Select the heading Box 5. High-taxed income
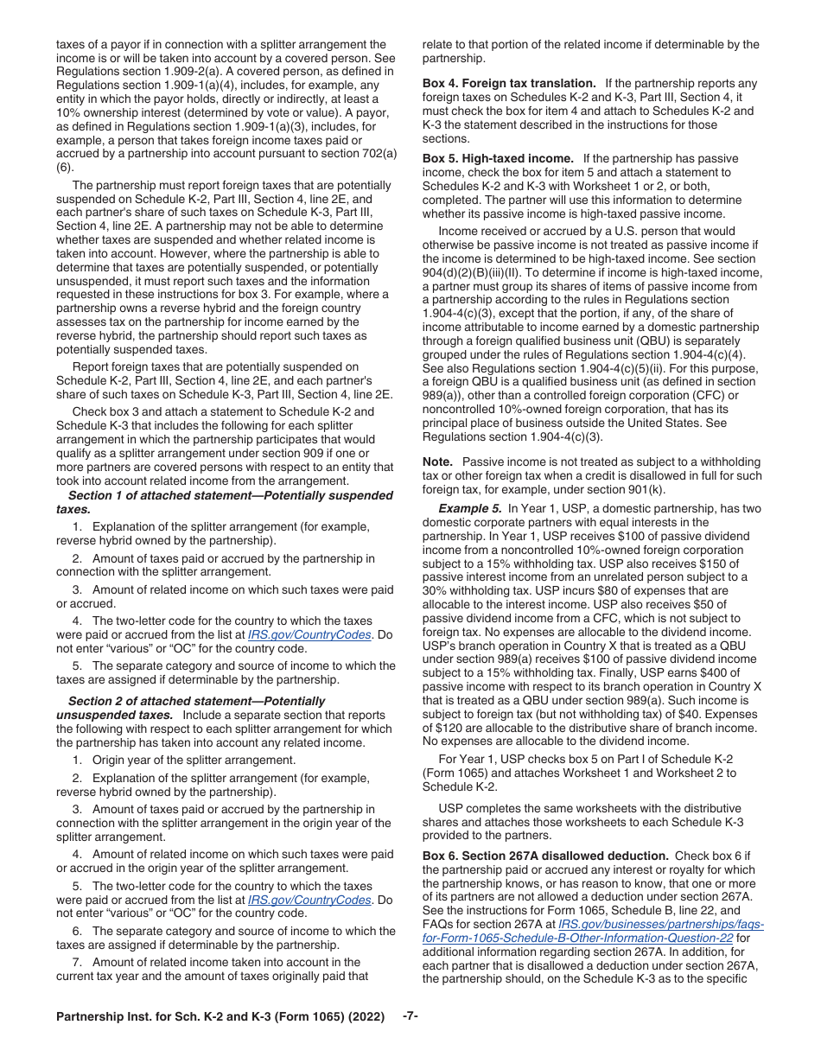click(498, 159)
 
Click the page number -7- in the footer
click(410, 1016)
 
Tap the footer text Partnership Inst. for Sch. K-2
click(220, 1017)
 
